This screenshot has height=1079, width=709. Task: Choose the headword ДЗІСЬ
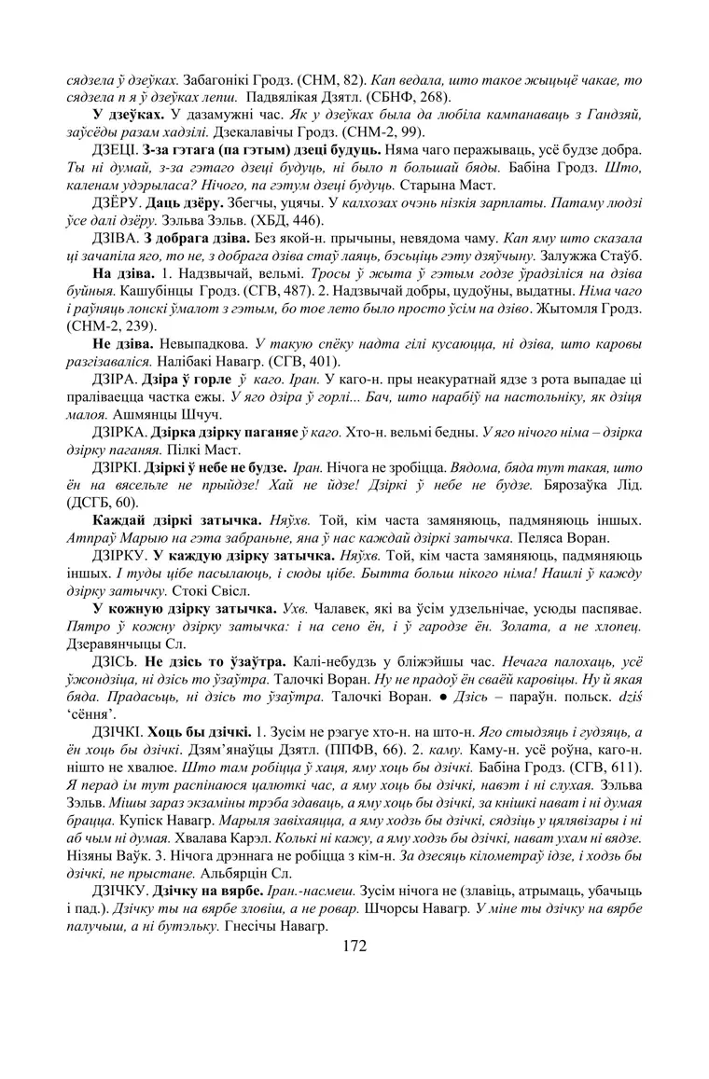tap(113, 658)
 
